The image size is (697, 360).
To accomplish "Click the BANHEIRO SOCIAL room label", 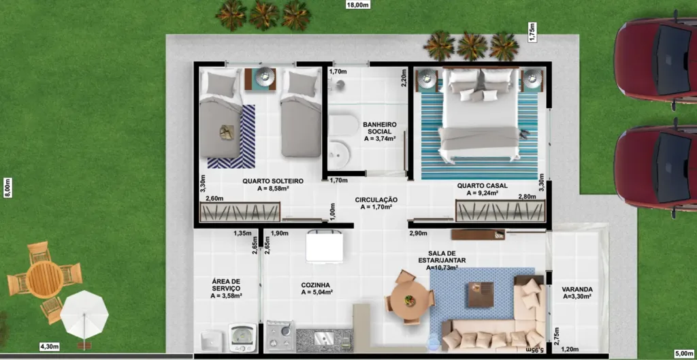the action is click(x=380, y=128).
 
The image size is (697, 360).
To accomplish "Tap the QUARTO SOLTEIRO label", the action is click(x=273, y=181).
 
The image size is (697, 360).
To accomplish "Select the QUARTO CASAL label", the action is click(x=483, y=186).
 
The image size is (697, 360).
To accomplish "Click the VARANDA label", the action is click(x=577, y=289).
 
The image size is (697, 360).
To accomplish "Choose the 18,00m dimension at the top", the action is click(x=358, y=5).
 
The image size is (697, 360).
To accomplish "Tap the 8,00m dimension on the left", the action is click(x=8, y=188).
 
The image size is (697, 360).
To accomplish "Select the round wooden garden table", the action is click(x=44, y=280).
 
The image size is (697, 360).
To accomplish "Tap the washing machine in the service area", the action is click(x=242, y=338).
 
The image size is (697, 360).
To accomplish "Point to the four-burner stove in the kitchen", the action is click(x=280, y=336).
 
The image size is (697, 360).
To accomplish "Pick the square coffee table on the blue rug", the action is click(x=481, y=295).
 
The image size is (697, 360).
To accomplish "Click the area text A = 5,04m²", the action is click(x=317, y=292).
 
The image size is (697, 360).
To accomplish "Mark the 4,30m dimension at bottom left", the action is click(x=49, y=346).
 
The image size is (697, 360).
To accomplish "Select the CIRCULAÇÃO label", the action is click(x=376, y=200).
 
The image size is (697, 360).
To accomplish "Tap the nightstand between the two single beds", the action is click(x=261, y=79).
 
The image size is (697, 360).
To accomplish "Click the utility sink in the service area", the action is click(x=212, y=342).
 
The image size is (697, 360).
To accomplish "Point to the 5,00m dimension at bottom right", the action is click(x=683, y=353).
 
